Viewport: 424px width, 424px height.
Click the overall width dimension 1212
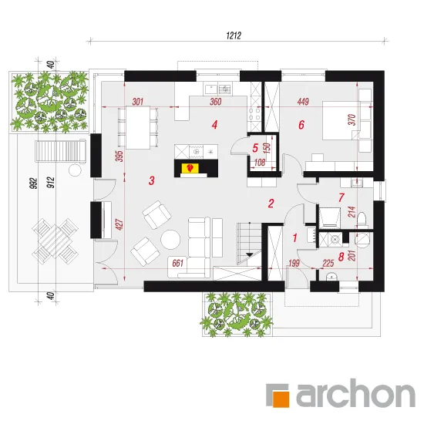(x=234, y=35)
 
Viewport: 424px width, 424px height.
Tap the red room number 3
(x=151, y=180)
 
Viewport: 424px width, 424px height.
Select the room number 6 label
(x=301, y=125)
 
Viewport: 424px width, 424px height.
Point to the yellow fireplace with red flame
(x=190, y=168)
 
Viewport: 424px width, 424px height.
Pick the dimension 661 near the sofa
(x=177, y=263)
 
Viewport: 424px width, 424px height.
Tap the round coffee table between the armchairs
(x=170, y=240)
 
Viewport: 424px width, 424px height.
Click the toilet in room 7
(x=362, y=219)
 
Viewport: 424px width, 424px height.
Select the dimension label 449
(x=303, y=102)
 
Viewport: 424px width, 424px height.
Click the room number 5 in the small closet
(x=255, y=148)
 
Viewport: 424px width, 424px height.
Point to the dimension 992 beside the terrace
(x=32, y=183)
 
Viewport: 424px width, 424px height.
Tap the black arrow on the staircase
(x=249, y=254)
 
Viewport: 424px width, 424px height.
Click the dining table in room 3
(x=138, y=128)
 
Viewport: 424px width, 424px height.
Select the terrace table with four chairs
(x=56, y=238)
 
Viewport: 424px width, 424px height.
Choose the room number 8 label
(x=341, y=257)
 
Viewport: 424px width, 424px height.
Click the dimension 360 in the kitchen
(x=216, y=102)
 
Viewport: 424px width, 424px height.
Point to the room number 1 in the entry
(x=295, y=238)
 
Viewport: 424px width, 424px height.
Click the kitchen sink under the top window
(x=211, y=89)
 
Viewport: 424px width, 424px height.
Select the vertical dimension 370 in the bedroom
(x=352, y=119)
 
